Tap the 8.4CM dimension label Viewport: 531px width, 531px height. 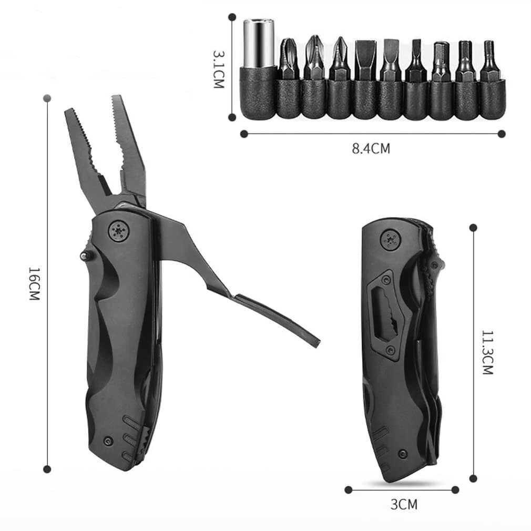coord(371,148)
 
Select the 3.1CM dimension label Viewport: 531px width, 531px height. coord(219,69)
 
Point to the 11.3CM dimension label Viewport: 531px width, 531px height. coord(487,352)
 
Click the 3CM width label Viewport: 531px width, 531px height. coord(404,505)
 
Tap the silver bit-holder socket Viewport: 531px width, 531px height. coord(258,43)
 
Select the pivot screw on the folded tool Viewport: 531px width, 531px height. coord(391,239)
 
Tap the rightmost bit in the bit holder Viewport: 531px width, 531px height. coord(491,61)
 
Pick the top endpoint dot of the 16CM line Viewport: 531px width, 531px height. coord(47,98)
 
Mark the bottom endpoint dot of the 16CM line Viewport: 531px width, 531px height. coord(47,468)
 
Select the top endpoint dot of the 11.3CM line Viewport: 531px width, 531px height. coord(473,228)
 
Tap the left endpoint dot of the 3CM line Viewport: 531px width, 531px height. coord(348,489)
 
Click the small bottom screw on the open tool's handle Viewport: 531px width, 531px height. coord(108,440)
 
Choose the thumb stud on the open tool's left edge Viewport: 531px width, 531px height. coord(84,256)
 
